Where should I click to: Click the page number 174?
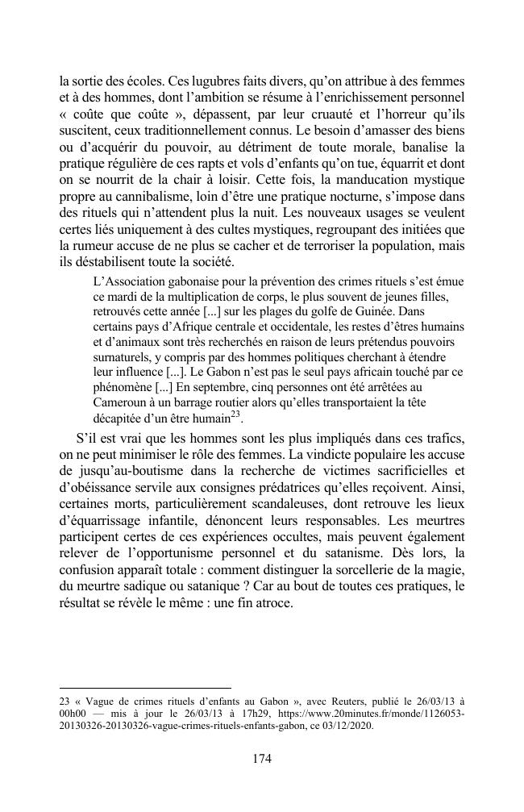(x=261, y=758)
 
